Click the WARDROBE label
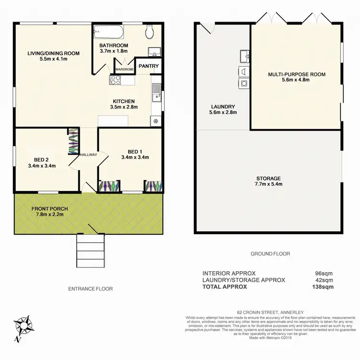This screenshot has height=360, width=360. pyautogui.click(x=124, y=69)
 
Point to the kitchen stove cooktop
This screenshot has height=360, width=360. pyautogui.click(x=115, y=80)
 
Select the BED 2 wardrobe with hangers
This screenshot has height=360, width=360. pyautogui.click(x=72, y=142)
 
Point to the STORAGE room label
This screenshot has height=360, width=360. pyautogui.click(x=268, y=178)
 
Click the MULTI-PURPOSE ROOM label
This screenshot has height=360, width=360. pyautogui.click(x=297, y=74)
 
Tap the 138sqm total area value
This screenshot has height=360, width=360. pyautogui.click(x=323, y=287)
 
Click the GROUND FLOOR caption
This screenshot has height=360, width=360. pyautogui.click(x=270, y=253)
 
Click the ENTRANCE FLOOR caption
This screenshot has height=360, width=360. pyautogui.click(x=90, y=288)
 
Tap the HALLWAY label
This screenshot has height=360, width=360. pyautogui.click(x=88, y=155)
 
